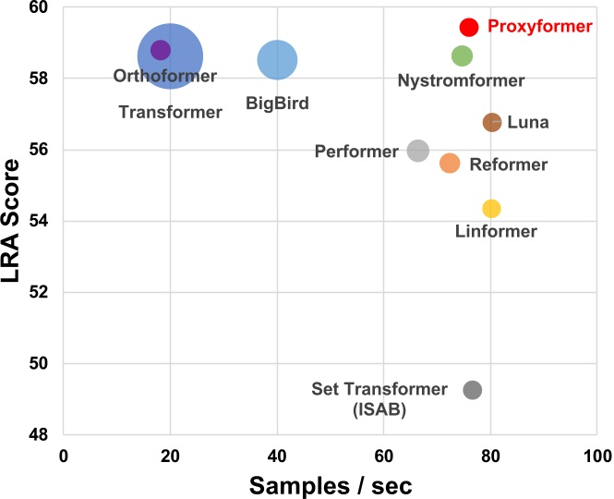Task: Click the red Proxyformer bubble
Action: point(469,27)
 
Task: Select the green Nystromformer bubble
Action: point(463,55)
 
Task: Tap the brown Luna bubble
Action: point(492,122)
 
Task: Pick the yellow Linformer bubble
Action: point(491,208)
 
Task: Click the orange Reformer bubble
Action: point(450,163)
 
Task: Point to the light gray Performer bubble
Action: point(418,150)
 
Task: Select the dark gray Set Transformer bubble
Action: point(473,390)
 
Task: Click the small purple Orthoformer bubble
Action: point(161,50)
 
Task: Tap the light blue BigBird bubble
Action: point(277,60)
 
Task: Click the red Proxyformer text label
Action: point(539,28)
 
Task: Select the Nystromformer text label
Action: point(461,81)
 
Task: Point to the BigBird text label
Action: point(277,103)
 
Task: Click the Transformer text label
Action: point(171,113)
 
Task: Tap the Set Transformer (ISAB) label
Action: point(379,397)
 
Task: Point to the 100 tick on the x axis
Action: point(597,455)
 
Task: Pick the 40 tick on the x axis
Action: point(277,455)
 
